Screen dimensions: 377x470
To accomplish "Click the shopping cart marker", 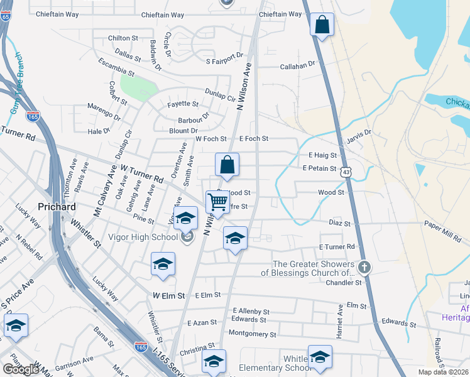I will [217, 202].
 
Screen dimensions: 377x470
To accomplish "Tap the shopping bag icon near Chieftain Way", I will [322, 26].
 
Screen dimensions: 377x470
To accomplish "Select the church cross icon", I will [364, 268].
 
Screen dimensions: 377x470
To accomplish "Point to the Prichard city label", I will [57, 207].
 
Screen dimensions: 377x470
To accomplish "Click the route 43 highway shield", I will [346, 171].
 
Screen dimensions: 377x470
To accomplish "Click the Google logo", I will [21, 369].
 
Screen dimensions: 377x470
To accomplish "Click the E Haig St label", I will [323, 155].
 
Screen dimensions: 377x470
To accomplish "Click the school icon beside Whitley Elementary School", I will [320, 357].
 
